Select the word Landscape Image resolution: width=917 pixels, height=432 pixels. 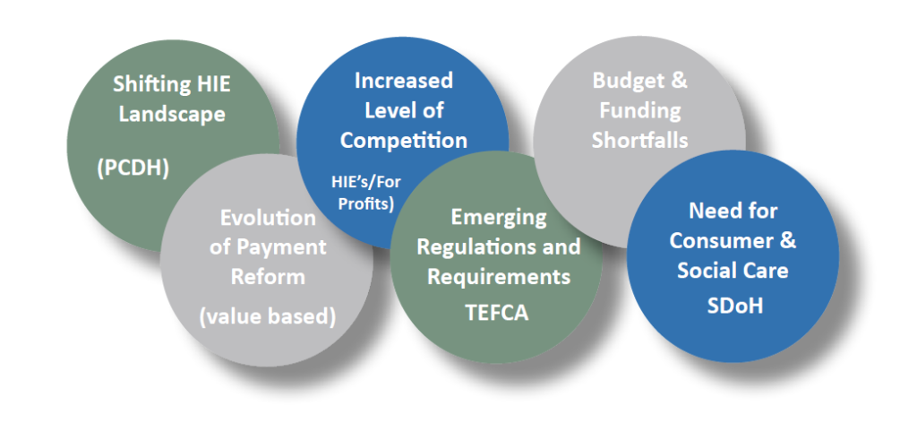point(172,115)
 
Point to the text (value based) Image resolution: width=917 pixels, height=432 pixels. point(268,317)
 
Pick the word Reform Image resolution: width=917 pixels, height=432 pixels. point(267,277)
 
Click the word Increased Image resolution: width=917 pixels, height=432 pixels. point(403,80)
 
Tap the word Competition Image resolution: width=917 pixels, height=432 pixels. point(404,141)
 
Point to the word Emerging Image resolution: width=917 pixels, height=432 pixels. point(498,217)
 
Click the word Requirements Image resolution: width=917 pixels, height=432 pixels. point(498,277)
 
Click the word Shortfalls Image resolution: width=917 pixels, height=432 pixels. point(639,141)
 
